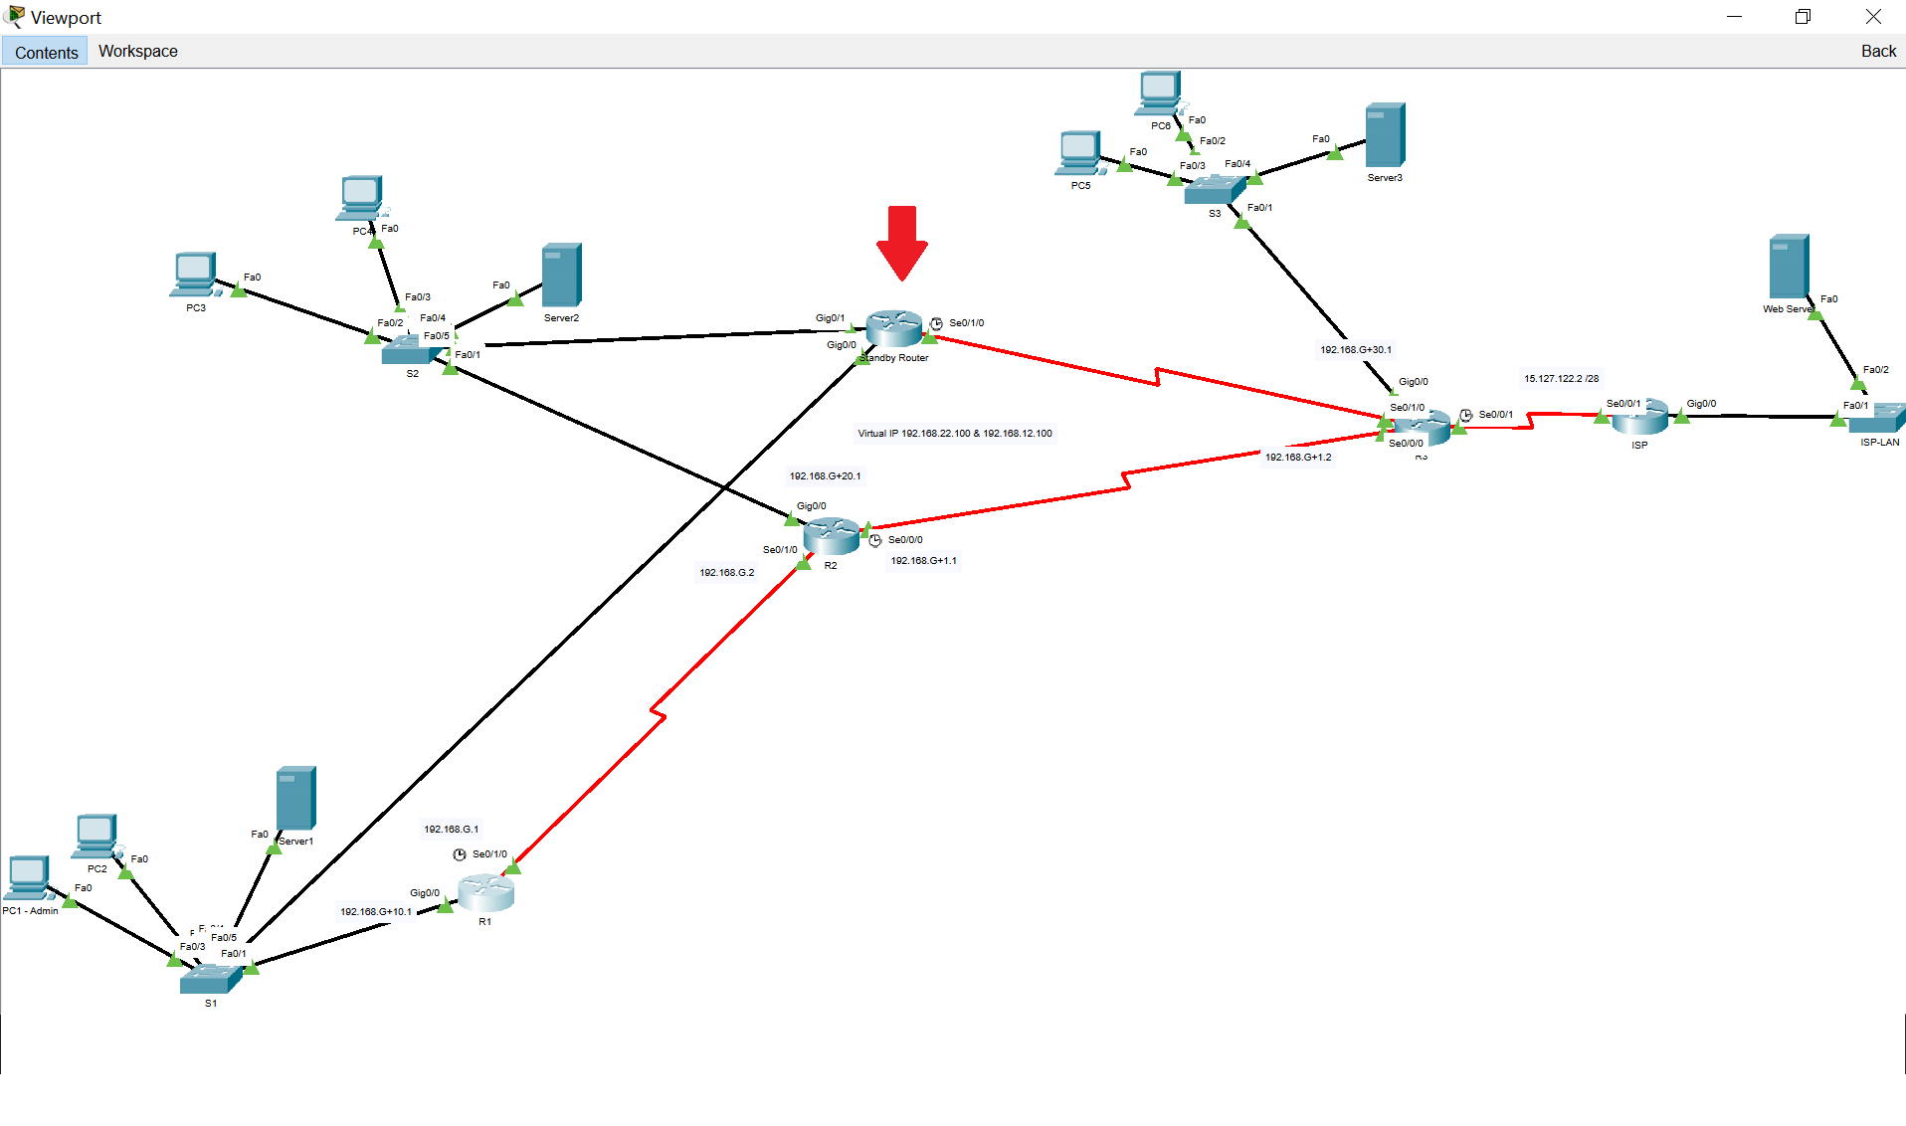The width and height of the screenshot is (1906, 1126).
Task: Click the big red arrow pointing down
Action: pos(901,243)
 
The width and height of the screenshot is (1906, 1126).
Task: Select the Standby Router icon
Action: pos(893,328)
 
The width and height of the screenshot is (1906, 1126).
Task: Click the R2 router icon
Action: pos(831,536)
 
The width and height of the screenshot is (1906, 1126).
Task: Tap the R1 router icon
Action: pos(485,892)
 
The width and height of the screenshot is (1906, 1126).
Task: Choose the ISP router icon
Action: pos(1639,417)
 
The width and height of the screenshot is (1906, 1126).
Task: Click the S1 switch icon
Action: pos(210,979)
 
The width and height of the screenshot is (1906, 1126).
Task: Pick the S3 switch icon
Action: pos(1214,189)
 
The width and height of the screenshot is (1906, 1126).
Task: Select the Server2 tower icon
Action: pos(561,276)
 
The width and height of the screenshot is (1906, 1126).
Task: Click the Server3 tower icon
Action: pos(1385,135)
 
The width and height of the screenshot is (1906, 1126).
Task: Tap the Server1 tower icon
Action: pos(295,798)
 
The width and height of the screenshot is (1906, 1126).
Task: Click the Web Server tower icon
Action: pos(1788,267)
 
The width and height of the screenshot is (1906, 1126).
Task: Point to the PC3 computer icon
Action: pos(194,275)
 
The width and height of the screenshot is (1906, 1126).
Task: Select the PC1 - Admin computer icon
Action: pos(29,877)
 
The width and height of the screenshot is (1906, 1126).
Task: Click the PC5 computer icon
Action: pos(1079,153)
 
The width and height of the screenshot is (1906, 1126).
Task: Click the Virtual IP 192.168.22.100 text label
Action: pos(954,434)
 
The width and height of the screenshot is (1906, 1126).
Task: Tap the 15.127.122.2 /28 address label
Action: pos(1561,379)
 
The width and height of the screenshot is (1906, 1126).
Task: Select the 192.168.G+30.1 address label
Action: pos(1355,350)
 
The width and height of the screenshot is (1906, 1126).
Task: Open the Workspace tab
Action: pos(137,51)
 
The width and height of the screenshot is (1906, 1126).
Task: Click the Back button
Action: pos(1877,51)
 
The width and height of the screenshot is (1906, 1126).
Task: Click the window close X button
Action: pos(1872,17)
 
